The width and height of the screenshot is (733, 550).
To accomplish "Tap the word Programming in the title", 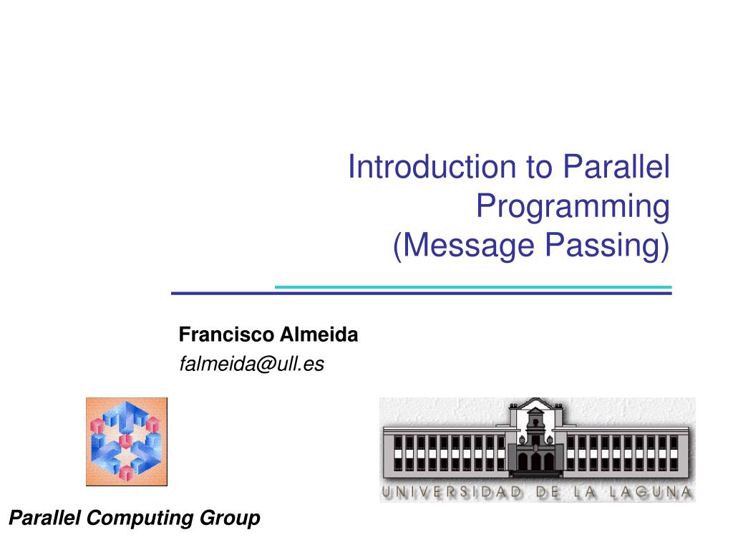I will [x=573, y=207].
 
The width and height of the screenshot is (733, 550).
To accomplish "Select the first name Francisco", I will [x=225, y=334].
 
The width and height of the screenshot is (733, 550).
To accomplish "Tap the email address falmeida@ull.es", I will [x=251, y=365].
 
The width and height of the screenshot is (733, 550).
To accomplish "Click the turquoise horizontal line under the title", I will [x=473, y=287].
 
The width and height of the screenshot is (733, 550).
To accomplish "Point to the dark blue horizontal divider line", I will [x=421, y=294].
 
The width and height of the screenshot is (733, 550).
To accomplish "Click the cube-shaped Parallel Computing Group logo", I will [x=127, y=441].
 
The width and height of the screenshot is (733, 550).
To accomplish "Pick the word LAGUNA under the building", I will [x=651, y=492].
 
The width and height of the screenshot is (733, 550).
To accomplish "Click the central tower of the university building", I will [x=535, y=430].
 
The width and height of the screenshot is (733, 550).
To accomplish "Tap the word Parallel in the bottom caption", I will [x=45, y=518].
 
